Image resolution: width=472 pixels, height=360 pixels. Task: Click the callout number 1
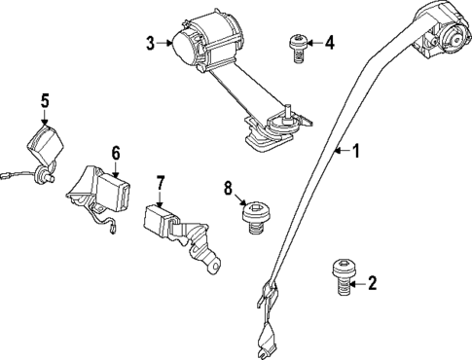(x=355, y=151)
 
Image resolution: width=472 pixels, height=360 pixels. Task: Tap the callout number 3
(x=151, y=42)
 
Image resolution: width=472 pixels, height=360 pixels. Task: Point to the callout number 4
(x=330, y=42)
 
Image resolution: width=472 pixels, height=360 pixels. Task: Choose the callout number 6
(x=115, y=153)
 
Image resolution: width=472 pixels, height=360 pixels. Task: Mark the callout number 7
(x=162, y=182)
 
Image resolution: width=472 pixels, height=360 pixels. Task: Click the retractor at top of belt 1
(x=435, y=34)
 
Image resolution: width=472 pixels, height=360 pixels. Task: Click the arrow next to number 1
(x=340, y=151)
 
